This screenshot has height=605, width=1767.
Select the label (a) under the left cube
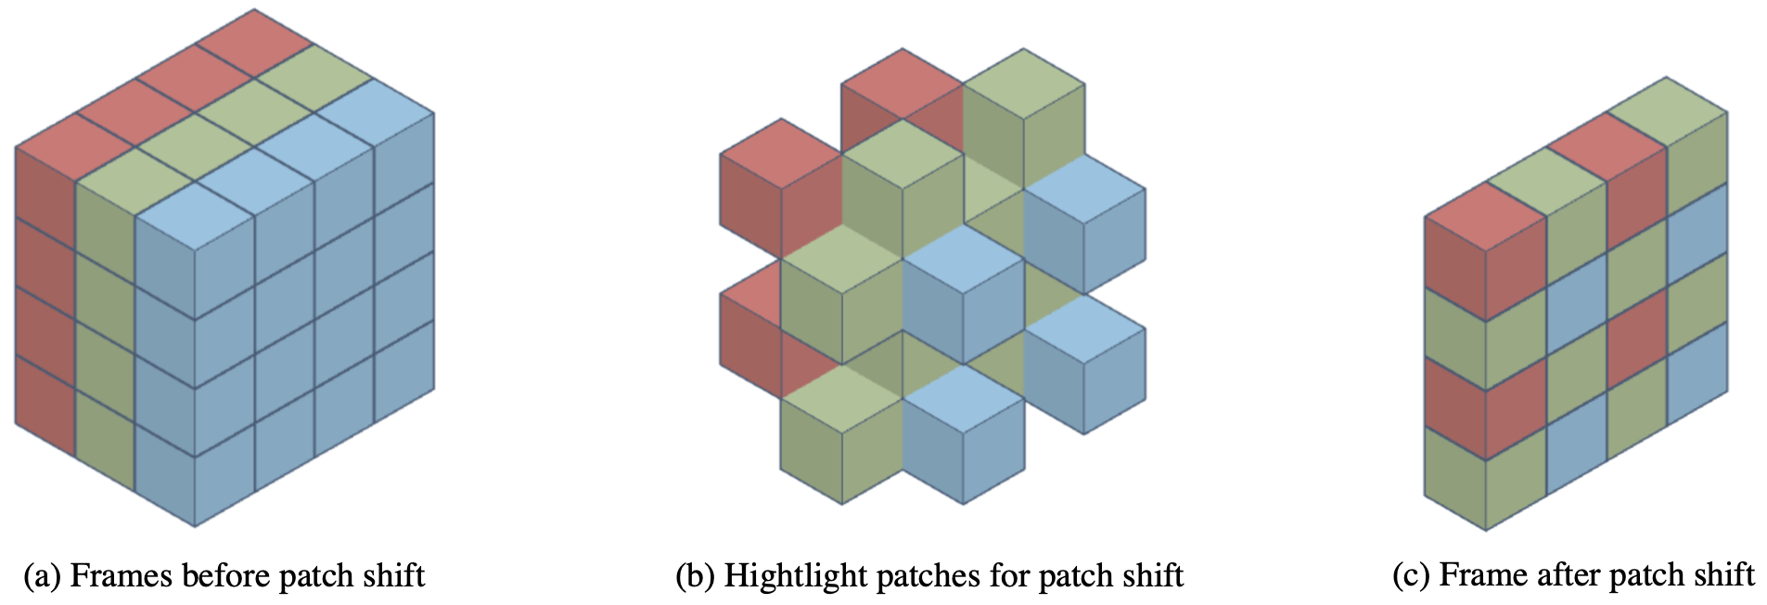(x=42, y=576)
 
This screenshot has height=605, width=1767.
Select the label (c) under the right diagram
(x=1411, y=575)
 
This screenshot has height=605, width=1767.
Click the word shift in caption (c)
(x=1725, y=575)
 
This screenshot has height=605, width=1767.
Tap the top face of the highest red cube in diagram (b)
(x=902, y=84)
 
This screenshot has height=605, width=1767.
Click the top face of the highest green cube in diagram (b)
(x=1024, y=84)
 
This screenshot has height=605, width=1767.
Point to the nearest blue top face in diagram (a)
(x=195, y=215)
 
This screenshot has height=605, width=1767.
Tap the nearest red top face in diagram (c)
(x=1485, y=216)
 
